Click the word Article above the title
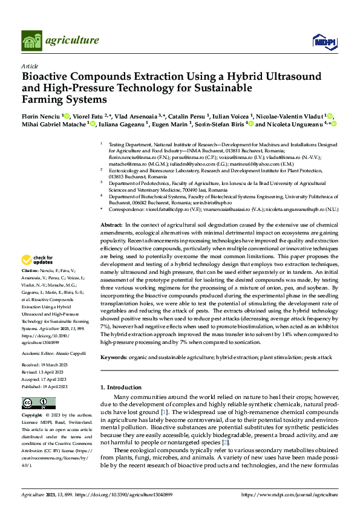[x=30, y=66]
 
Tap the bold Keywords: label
[x=114, y=357]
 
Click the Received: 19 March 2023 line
[x=47, y=365]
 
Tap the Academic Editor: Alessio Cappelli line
[x=53, y=352]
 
